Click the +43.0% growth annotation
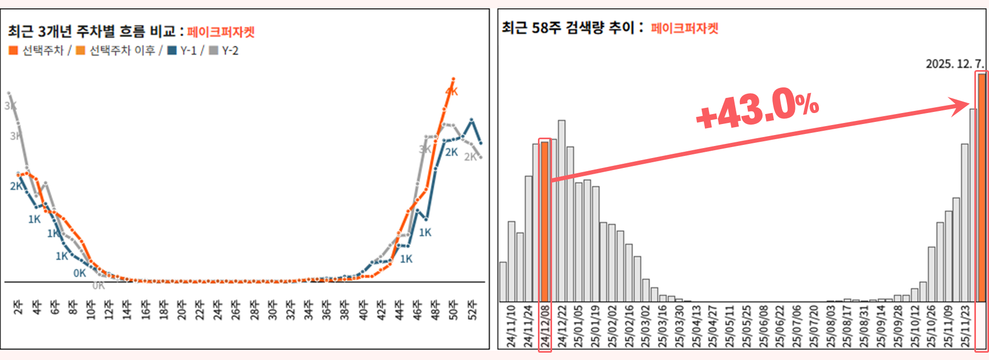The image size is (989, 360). (757, 108)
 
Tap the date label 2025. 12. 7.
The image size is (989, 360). (954, 64)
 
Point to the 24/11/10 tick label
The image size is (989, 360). (511, 326)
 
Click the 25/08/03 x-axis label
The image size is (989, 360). (830, 326)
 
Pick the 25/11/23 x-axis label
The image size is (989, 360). (965, 326)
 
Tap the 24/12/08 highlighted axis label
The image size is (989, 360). (545, 326)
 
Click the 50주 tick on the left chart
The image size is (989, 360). (454, 310)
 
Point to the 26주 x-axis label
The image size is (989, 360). (236, 310)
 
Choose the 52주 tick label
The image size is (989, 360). (472, 310)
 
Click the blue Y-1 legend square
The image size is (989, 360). (172, 51)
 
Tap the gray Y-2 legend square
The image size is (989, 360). (213, 51)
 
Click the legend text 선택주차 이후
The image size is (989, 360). (122, 51)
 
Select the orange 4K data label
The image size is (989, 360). (451, 92)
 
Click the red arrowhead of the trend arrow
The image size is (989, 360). (963, 107)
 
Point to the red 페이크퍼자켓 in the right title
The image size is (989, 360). (684, 28)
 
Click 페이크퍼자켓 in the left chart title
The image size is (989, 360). (220, 32)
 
